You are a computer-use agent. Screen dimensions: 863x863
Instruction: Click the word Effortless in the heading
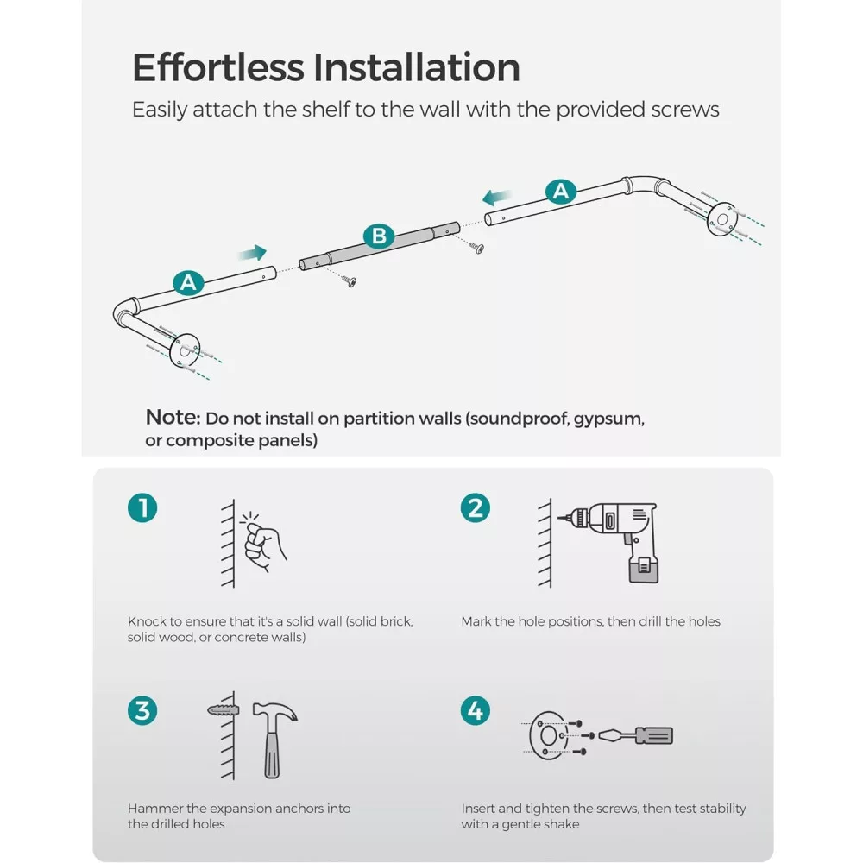(218, 67)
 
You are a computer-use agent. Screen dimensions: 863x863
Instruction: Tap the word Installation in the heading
(417, 67)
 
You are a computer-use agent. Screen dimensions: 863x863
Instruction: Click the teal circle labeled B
(379, 236)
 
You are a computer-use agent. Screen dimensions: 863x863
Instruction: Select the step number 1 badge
(142, 507)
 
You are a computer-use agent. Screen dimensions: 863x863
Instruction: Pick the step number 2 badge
(475, 507)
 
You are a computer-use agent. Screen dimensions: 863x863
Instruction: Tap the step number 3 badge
(142, 710)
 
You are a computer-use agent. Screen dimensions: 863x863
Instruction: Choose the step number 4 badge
(475, 710)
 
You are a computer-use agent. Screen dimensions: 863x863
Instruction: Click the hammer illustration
(274, 738)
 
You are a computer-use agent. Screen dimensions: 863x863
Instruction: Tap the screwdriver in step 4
(635, 735)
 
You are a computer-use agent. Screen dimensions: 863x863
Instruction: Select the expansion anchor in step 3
(224, 709)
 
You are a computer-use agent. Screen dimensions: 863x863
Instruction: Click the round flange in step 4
(548, 735)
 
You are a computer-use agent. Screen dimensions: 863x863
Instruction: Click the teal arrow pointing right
(253, 253)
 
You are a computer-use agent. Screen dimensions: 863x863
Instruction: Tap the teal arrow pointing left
(497, 197)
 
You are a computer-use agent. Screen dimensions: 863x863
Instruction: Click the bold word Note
(173, 417)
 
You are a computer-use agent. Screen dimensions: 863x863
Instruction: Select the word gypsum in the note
(608, 419)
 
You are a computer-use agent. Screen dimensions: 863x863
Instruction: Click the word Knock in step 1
(147, 621)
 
